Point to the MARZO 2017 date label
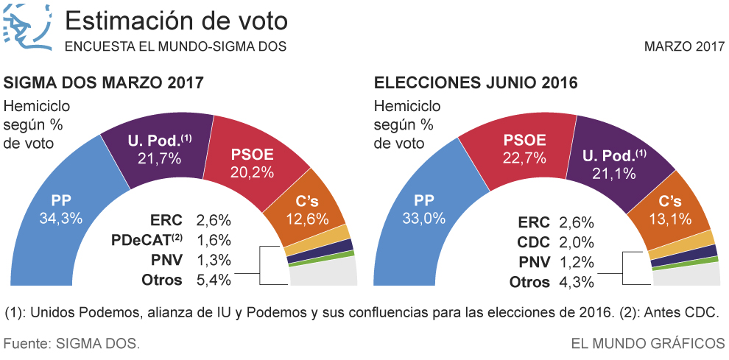click(684, 46)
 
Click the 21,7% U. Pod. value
click(155, 157)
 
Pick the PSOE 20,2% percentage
click(252, 173)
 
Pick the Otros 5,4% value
click(214, 280)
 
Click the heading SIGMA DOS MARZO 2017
click(103, 82)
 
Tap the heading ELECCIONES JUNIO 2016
click(476, 82)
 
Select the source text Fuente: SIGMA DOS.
click(71, 343)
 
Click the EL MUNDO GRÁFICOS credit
click(647, 343)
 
